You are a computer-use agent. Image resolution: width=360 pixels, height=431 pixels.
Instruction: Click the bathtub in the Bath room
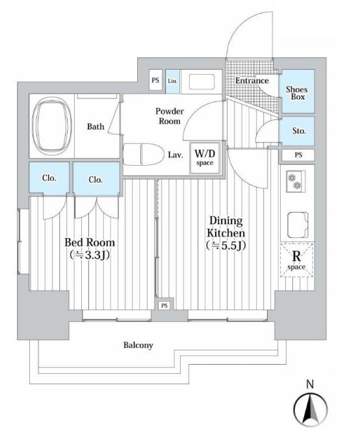(52, 126)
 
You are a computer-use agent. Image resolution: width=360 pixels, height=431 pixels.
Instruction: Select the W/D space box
(205, 157)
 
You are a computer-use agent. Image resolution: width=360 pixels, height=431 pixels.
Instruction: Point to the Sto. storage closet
(297, 131)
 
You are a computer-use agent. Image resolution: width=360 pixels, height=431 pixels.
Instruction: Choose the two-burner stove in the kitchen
(296, 181)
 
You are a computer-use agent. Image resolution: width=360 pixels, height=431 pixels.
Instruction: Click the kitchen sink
(298, 225)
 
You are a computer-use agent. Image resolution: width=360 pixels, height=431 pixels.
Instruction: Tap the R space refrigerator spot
(297, 260)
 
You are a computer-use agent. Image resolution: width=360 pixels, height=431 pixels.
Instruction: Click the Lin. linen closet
(173, 81)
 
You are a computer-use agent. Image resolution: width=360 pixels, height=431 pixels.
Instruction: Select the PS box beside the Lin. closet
(155, 80)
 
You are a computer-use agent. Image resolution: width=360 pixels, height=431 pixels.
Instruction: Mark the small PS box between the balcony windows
(164, 306)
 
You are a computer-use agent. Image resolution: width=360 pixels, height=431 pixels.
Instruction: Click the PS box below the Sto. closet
(298, 155)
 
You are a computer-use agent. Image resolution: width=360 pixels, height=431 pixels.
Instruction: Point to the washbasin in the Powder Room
(201, 82)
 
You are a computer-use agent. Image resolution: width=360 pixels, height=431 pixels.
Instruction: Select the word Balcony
(138, 345)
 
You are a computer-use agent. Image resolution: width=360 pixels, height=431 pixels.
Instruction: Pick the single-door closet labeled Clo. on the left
(49, 177)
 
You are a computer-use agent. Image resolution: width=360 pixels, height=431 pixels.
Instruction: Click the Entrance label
(251, 81)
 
